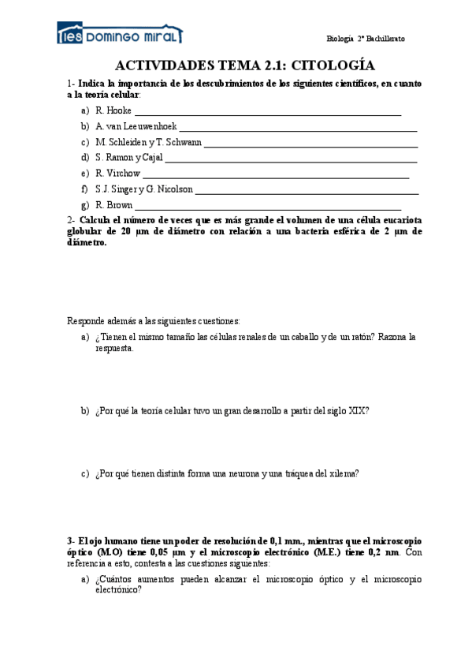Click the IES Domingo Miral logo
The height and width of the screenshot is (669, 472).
pyautogui.click(x=120, y=35)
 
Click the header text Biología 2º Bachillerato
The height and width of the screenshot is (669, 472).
pyautogui.click(x=365, y=39)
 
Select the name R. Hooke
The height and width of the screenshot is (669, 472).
pyautogui.click(x=113, y=110)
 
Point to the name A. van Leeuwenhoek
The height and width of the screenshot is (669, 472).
pyautogui.click(x=136, y=126)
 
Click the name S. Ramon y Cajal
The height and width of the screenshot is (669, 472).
pyautogui.click(x=129, y=158)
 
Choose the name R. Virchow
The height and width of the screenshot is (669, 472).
pyautogui.click(x=117, y=173)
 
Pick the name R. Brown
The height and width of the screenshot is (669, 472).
pyautogui.click(x=114, y=204)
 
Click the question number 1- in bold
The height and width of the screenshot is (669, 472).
pyautogui.click(x=71, y=83)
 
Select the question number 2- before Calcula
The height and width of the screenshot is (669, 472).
pyautogui.click(x=71, y=220)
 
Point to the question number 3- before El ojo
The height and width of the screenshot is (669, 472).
pyautogui.click(x=71, y=540)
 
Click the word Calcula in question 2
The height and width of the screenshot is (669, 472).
pyautogui.click(x=96, y=220)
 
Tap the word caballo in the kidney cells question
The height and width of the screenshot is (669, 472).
pyautogui.click(x=298, y=337)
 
